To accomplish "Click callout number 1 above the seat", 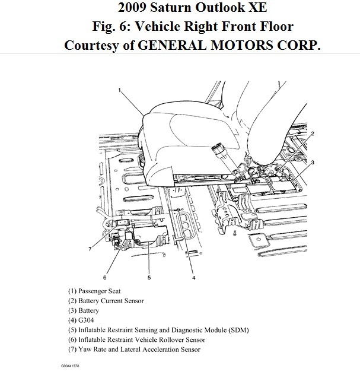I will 119,90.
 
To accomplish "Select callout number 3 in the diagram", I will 312,162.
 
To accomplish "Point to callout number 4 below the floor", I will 193,277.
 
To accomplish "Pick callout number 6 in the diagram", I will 104,277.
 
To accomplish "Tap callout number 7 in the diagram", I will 90,249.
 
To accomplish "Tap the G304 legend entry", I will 81,320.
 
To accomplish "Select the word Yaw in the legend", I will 85,349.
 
